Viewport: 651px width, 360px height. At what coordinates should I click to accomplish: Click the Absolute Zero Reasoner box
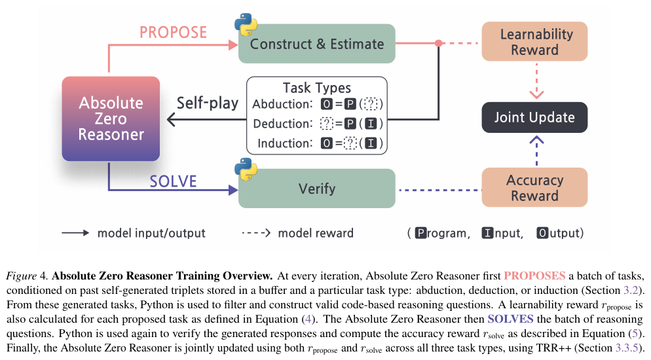pos(111,118)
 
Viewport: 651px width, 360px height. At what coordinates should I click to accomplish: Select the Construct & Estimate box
pos(317,44)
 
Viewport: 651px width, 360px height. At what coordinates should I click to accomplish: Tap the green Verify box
pos(317,189)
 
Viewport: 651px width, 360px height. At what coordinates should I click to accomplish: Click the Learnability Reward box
pos(534,41)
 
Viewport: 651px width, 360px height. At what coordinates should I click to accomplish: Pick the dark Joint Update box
pos(534,117)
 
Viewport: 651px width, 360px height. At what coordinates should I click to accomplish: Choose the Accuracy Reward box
pos(534,187)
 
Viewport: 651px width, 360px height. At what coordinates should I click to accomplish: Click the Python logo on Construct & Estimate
pos(246,24)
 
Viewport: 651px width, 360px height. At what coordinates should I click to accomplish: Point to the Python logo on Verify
pos(246,170)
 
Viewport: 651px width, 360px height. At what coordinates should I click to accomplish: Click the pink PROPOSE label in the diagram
pos(173,32)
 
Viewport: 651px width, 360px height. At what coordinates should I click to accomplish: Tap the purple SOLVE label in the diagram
pos(173,181)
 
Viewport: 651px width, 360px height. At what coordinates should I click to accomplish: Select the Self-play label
pos(208,103)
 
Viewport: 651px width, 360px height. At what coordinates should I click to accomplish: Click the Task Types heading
pos(317,88)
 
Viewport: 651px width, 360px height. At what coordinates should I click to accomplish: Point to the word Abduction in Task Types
pos(282,104)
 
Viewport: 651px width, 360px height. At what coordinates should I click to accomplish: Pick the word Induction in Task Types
pos(285,143)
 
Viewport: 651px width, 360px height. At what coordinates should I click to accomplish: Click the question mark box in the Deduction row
pos(327,124)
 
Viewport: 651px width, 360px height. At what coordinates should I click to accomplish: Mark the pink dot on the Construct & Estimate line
pos(438,43)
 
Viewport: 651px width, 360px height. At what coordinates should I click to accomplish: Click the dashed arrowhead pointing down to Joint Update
pos(537,94)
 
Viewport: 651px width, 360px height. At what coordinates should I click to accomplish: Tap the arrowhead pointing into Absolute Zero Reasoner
pos(171,119)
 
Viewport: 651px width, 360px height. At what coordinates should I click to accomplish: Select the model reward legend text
pos(316,233)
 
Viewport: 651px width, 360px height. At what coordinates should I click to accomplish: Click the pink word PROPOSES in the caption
pos(534,276)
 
